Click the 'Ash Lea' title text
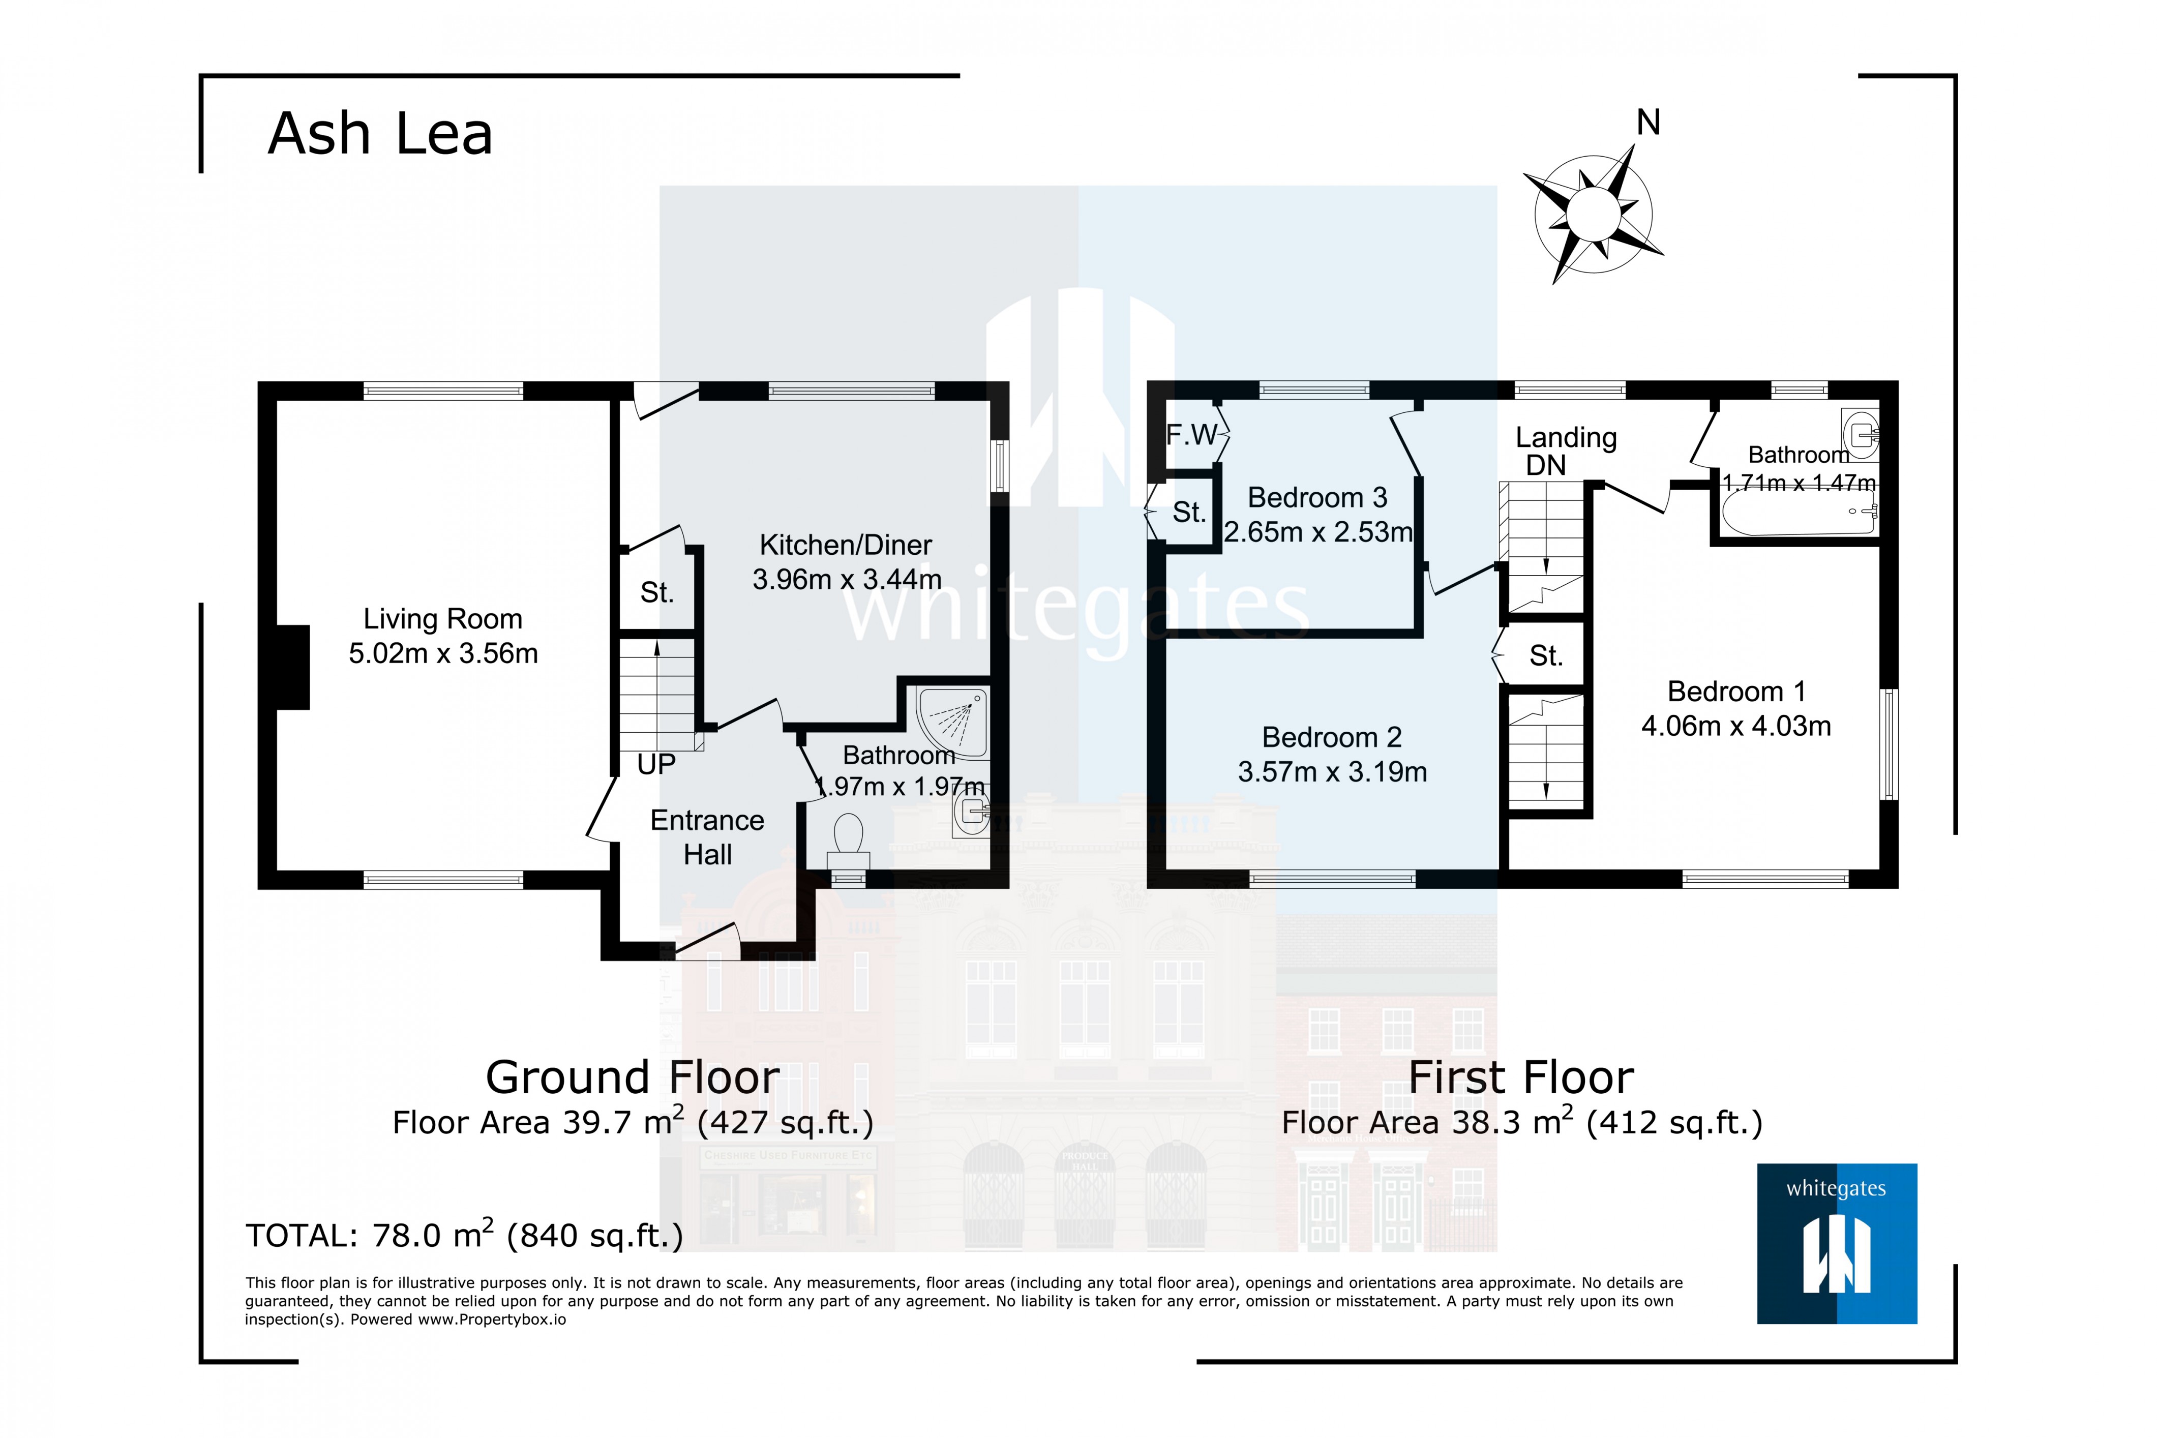(380, 134)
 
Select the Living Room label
(443, 619)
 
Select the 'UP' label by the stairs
(656, 764)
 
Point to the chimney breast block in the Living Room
(292, 667)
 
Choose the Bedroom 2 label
(1332, 737)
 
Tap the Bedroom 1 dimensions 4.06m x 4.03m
(1735, 726)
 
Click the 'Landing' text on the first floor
(1566, 437)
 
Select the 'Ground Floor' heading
(632, 1077)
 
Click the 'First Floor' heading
(1520, 1077)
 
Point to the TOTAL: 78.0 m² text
(464, 1235)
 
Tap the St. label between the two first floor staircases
(1545, 656)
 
